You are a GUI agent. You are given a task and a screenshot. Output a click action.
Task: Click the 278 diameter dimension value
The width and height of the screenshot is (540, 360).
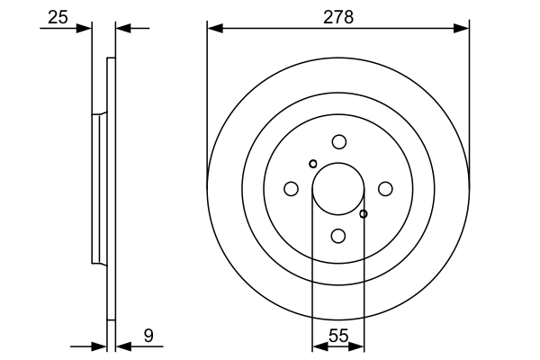[x=338, y=15]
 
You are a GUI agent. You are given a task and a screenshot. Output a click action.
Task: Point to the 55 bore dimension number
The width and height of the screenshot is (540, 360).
[x=337, y=336]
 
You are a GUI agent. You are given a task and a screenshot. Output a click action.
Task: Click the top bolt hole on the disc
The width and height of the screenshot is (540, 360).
[x=338, y=141]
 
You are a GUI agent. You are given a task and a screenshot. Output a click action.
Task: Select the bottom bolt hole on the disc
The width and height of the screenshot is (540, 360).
[x=338, y=236]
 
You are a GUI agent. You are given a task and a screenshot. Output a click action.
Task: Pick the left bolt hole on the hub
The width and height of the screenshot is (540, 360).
[x=291, y=188]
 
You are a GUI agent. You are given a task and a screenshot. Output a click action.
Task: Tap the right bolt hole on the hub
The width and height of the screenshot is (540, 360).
[x=385, y=188]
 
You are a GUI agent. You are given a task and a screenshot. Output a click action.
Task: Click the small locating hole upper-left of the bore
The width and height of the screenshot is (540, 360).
[x=312, y=164]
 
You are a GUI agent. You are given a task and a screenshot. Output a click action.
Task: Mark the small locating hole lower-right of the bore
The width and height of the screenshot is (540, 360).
[x=364, y=214]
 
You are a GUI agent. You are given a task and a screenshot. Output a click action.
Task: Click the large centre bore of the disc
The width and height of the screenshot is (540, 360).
[x=337, y=189]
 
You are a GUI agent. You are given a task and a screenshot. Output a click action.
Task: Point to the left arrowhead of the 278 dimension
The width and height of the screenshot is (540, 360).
[x=214, y=29]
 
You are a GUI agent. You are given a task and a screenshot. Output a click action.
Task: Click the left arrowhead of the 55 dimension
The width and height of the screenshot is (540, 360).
[x=319, y=345]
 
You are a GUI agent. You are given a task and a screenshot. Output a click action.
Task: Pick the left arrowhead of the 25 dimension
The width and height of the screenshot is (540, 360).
[x=85, y=29]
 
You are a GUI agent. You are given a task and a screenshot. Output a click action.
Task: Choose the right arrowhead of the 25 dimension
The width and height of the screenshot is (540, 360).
[x=124, y=29]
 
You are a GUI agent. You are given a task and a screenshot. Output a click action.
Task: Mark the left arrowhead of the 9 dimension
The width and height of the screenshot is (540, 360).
[x=100, y=345]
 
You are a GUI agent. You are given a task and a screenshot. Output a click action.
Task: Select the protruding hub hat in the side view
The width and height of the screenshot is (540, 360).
[x=97, y=189]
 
